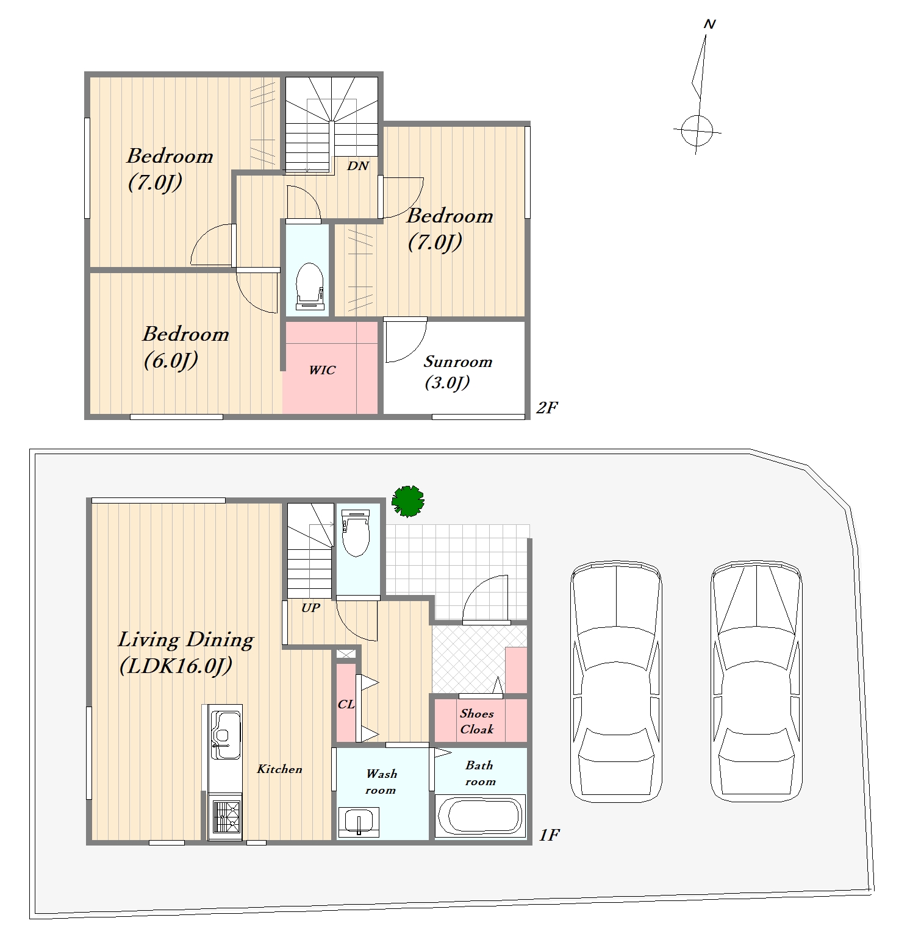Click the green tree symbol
tap(408, 501)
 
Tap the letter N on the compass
tap(709, 24)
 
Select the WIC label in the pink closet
tap(322, 370)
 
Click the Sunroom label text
tap(458, 362)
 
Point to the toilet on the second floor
tap(309, 287)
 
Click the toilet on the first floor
tap(356, 533)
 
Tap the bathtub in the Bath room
tap(481, 816)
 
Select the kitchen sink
tap(226, 735)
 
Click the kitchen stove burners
tap(226, 817)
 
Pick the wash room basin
tap(359, 822)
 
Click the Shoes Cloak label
tap(477, 721)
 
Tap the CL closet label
tap(346, 704)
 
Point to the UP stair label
tap(310, 608)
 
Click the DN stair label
tap(358, 166)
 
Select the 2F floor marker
tap(546, 407)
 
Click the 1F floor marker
tap(549, 835)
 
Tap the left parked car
tap(616, 682)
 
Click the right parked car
tap(757, 682)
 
